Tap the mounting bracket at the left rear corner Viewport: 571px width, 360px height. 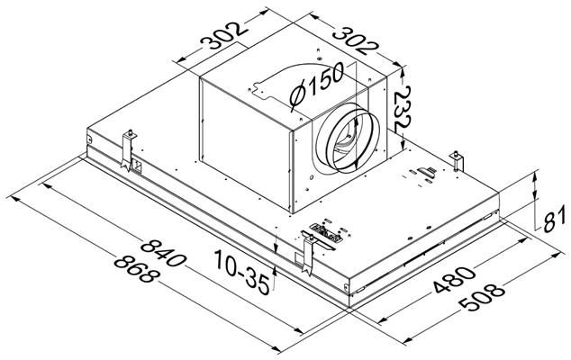click(x=131, y=144)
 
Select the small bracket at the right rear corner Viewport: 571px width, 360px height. click(x=461, y=162)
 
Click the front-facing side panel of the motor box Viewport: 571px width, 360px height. click(x=243, y=144)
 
